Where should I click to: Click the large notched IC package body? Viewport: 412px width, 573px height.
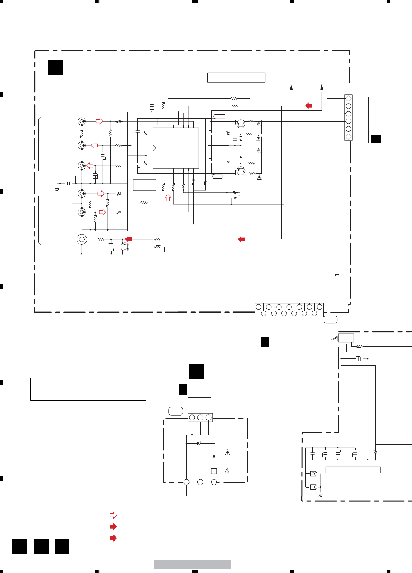click(x=176, y=148)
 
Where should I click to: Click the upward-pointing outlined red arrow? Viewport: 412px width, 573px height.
click(x=168, y=198)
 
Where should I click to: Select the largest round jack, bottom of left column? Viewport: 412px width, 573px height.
click(x=82, y=239)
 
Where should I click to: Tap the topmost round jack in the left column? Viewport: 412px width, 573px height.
click(x=82, y=121)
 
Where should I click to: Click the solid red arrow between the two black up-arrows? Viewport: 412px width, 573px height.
click(x=309, y=106)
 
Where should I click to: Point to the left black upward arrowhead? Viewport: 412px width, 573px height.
click(x=291, y=88)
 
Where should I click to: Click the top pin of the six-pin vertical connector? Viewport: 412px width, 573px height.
click(x=348, y=98)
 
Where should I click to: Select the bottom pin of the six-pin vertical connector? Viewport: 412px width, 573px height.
click(x=348, y=137)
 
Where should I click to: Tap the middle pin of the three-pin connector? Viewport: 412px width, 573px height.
click(x=200, y=417)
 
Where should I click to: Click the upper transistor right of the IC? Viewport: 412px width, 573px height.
click(x=241, y=123)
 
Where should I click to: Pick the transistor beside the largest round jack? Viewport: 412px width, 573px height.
click(x=125, y=247)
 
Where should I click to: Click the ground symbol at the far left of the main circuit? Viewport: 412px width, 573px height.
click(x=57, y=189)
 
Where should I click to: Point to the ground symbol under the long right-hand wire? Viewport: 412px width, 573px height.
click(x=337, y=275)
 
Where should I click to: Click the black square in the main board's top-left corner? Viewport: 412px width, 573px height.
click(x=56, y=68)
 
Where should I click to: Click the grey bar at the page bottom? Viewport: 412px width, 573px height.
click(x=192, y=564)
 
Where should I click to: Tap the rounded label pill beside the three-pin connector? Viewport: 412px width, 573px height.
click(x=176, y=411)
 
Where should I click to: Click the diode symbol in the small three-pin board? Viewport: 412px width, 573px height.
click(x=214, y=456)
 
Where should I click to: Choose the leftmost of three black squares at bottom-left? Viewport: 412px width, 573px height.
click(x=20, y=546)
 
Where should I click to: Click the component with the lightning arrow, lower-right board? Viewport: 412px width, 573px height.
click(x=346, y=338)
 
